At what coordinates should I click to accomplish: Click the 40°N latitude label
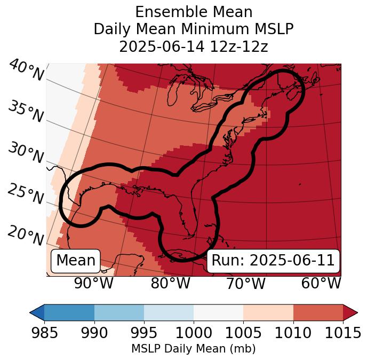click(26, 71)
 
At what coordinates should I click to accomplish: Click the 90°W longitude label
click(94, 284)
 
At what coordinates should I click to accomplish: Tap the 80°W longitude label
click(171, 284)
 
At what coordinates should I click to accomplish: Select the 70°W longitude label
click(246, 284)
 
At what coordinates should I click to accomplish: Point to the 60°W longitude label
click(321, 284)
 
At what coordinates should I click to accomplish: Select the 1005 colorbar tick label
click(243, 333)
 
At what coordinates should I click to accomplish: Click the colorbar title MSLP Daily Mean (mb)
click(193, 349)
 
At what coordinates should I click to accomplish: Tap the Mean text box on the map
click(76, 261)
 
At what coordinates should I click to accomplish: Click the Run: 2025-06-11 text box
click(273, 261)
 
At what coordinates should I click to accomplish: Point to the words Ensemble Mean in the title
click(194, 12)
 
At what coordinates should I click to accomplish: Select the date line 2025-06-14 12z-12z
click(194, 46)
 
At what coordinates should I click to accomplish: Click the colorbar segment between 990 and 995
click(119, 312)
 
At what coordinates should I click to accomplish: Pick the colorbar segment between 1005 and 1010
click(268, 312)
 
